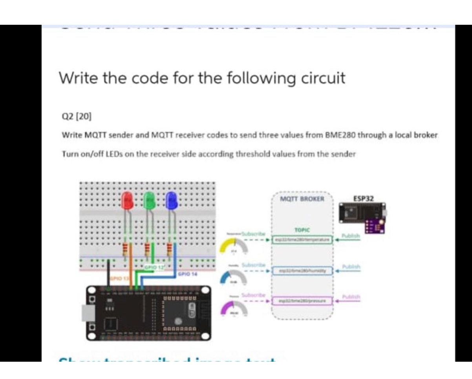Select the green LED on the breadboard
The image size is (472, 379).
click(x=149, y=201)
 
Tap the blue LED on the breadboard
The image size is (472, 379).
click(x=172, y=201)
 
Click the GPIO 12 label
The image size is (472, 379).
click(x=152, y=268)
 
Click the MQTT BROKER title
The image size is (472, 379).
click(x=302, y=199)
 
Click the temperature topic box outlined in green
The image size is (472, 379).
click(x=303, y=239)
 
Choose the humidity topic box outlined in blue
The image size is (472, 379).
click(x=303, y=271)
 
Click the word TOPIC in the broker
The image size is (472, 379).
click(x=302, y=229)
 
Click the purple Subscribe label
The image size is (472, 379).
click(x=253, y=295)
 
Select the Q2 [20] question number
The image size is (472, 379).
click(x=71, y=116)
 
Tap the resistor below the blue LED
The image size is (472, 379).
click(x=170, y=248)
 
